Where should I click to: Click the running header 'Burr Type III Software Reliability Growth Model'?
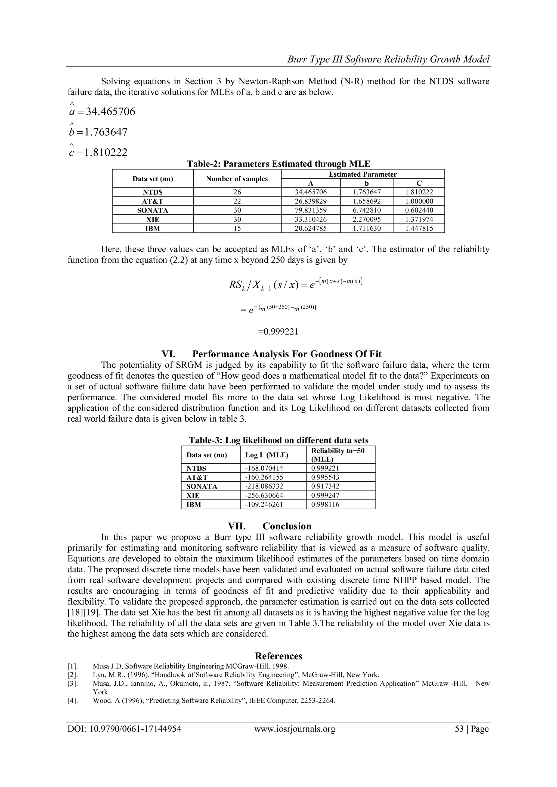pos(388,60)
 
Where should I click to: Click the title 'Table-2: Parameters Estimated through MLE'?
pos(278,164)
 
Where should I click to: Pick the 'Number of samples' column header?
pos(237,179)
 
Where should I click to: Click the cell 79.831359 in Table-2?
pos(311,210)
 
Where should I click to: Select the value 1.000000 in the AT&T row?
pos(419,201)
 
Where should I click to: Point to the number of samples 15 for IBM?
pos(237,228)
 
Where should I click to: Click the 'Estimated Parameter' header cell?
pos(363,174)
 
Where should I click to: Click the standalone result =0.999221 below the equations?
pos(278,332)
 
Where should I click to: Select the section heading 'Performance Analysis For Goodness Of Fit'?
pos(287,354)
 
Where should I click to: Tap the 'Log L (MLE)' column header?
pos(267,455)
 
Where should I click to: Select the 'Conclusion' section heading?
pos(287,526)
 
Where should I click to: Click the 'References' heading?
pos(278,656)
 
